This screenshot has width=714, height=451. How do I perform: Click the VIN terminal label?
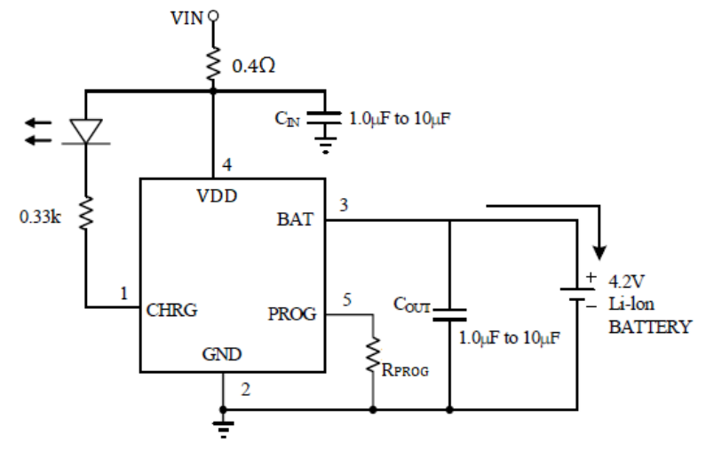click(x=187, y=17)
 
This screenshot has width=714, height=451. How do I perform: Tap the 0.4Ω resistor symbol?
click(x=213, y=61)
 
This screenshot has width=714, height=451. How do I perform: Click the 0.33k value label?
click(x=40, y=217)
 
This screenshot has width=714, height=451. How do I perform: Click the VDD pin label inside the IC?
click(x=216, y=196)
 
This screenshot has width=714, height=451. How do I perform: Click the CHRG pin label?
click(x=172, y=311)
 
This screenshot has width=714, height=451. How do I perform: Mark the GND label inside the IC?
click(x=223, y=354)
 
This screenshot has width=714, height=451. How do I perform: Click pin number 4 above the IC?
click(x=228, y=164)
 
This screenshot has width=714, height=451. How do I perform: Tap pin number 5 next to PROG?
click(x=347, y=301)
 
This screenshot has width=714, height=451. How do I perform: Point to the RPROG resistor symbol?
click(x=372, y=352)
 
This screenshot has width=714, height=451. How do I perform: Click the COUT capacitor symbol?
click(x=450, y=312)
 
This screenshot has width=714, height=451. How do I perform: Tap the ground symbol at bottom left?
click(x=223, y=423)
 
